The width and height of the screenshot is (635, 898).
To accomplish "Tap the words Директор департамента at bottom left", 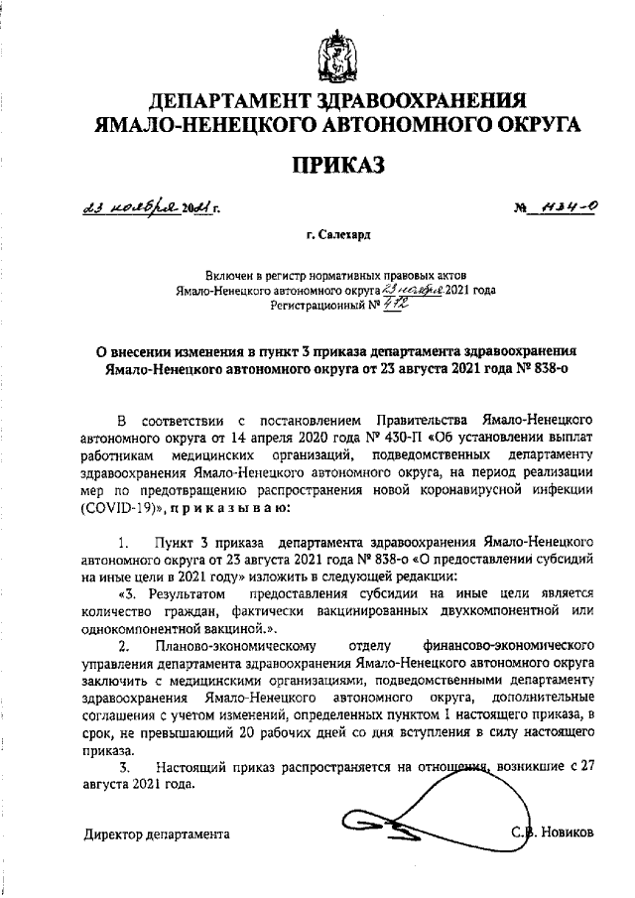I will [156, 834].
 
